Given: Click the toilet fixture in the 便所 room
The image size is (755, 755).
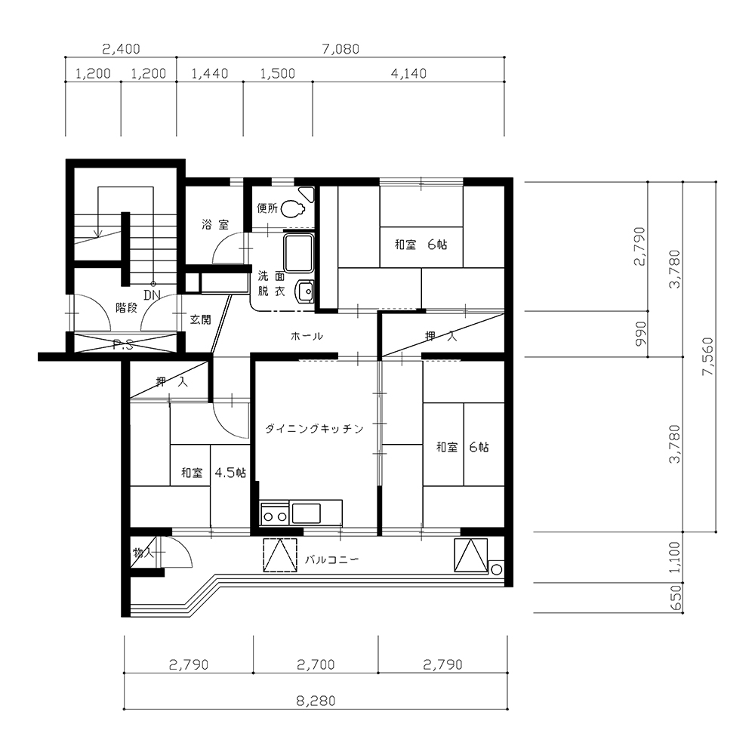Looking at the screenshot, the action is (293, 209).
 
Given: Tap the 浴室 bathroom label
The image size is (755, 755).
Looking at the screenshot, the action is (215, 224).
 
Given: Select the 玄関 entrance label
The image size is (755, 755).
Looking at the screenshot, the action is (200, 319).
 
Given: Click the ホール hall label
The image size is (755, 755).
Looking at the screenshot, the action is (307, 336).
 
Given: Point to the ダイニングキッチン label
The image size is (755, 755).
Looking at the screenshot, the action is (314, 429).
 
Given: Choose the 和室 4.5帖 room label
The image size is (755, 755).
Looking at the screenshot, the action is (214, 473).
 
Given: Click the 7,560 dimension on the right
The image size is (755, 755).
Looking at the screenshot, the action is (708, 357).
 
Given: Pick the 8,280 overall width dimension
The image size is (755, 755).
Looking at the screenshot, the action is (316, 701).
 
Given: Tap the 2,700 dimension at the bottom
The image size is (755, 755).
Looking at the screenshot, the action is (316, 664).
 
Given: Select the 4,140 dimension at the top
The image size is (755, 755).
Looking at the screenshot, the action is (408, 73).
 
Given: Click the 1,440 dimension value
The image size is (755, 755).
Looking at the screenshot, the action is (209, 73).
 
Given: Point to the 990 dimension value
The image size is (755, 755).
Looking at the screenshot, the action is (641, 334).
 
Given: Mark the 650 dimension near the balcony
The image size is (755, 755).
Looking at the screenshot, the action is (676, 597).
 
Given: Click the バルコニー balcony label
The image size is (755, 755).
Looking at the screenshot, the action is (332, 559).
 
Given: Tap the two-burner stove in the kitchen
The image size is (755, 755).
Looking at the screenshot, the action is (275, 513).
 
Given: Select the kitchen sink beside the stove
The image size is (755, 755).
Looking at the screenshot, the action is (307, 513).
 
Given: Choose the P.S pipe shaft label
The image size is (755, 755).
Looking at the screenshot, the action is (123, 344).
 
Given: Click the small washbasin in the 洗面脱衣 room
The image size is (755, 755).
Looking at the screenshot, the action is (305, 291).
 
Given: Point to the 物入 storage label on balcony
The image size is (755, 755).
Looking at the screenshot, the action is (143, 553).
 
